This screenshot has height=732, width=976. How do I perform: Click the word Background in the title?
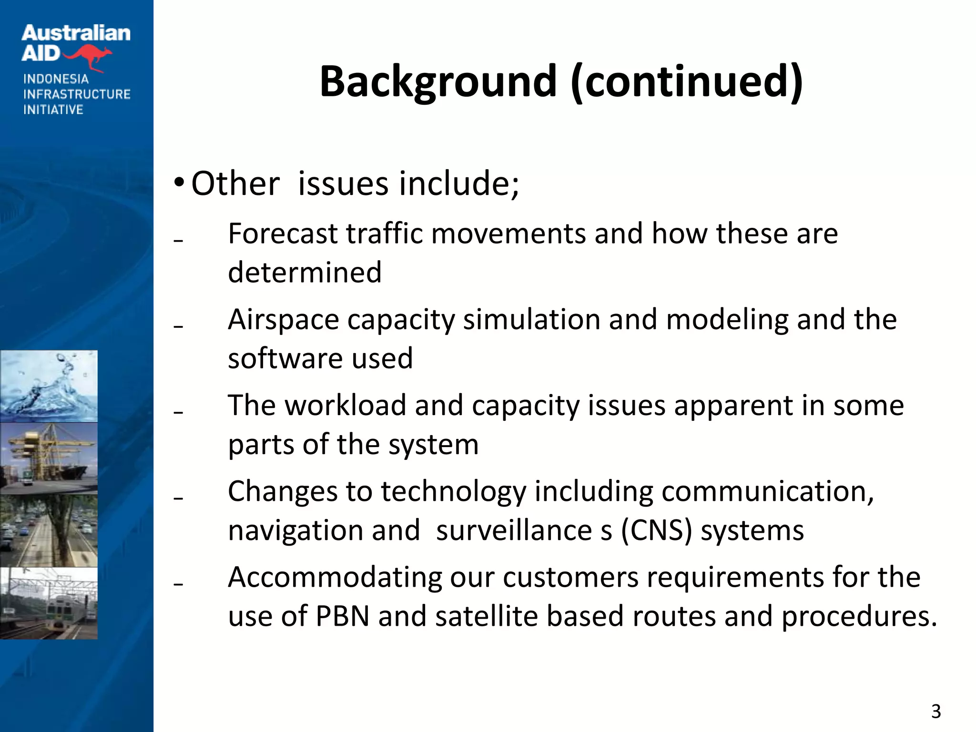click(437, 82)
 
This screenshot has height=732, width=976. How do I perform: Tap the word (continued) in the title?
click(686, 82)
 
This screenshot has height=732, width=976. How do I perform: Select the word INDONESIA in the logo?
click(56, 79)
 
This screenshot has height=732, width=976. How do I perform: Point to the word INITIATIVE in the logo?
click(53, 110)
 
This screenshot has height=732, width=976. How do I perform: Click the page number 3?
click(936, 712)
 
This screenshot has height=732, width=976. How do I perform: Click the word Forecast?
click(283, 234)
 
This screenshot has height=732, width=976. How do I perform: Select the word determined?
click(305, 272)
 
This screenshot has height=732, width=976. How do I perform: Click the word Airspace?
click(283, 320)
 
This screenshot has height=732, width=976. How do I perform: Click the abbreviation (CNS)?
click(656, 530)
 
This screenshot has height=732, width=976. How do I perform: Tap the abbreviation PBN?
click(343, 616)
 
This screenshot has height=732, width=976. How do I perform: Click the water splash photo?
click(49, 386)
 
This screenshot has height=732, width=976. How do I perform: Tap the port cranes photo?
click(49, 458)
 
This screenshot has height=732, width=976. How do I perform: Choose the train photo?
click(49, 603)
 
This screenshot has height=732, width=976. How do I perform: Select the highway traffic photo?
click(49, 530)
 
